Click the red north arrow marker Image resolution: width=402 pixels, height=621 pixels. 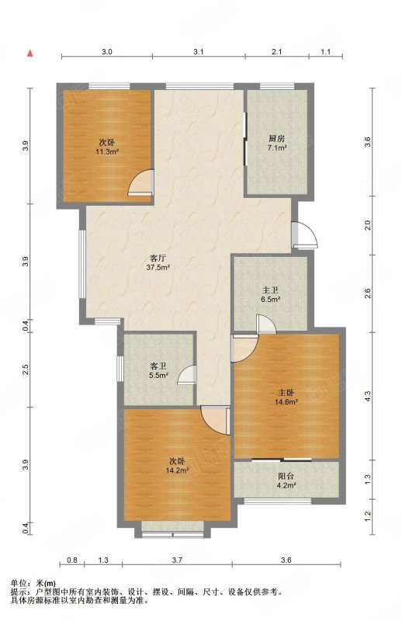pos(29,53)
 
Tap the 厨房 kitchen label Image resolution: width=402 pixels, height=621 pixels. pos(277,139)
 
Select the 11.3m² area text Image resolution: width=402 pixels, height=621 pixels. pos(107,151)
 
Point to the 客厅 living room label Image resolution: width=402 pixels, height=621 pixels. pos(158,258)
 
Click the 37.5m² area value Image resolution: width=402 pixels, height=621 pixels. pos(158,267)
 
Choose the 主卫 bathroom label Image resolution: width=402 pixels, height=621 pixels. pos(270,291)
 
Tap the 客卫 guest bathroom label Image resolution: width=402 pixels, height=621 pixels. pos(158,366)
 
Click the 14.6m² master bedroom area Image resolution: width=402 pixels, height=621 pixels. pos(286,401)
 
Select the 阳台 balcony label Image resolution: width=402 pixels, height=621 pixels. pos(286,476)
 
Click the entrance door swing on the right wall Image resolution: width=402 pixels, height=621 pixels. pos(305,235)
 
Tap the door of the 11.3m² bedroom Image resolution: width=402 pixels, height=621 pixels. pos(141,182)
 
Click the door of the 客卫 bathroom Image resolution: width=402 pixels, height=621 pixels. pos(186,375)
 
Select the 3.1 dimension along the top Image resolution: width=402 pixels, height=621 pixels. pos(199,51)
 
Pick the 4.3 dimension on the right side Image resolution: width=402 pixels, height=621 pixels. pos(368,396)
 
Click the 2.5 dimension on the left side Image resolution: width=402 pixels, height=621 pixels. pos(26,369)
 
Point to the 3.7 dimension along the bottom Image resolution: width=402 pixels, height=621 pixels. pos(177,560)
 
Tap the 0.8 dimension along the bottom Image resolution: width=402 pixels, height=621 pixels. pos(72,560)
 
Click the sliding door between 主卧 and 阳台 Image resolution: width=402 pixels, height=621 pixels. pos(282,460)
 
